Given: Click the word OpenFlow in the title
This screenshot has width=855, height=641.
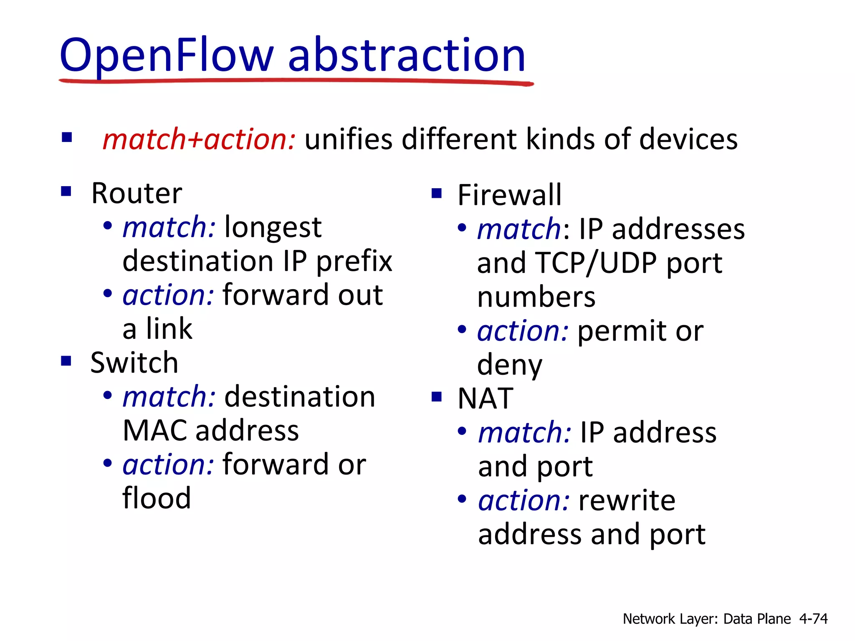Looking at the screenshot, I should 167,55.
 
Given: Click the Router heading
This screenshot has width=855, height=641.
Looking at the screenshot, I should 137,194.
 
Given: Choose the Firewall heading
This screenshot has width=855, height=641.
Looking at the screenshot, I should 509,195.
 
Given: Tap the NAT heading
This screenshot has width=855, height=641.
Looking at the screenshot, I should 485,398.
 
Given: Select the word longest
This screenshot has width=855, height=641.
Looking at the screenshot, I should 273,228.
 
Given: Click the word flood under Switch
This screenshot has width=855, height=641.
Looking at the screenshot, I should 157,498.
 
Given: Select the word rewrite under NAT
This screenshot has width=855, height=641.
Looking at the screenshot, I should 627,500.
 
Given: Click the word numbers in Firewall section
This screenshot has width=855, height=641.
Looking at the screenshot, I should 536,297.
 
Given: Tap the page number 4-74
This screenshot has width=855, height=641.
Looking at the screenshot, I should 813,618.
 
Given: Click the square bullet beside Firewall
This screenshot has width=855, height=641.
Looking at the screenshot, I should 436,194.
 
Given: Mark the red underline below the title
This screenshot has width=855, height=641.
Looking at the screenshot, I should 296,82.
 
